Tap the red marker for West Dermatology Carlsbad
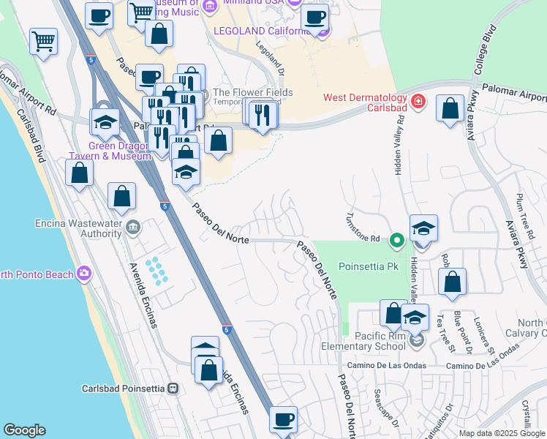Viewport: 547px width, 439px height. click(418, 101)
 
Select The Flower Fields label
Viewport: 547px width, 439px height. click(253, 93)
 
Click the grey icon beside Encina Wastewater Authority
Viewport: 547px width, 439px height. click(132, 228)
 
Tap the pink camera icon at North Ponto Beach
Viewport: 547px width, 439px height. click(85, 274)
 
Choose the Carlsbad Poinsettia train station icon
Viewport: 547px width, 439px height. click(173, 389)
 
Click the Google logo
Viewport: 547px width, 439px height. click(24, 430)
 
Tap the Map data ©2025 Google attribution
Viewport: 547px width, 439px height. click(501, 433)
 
